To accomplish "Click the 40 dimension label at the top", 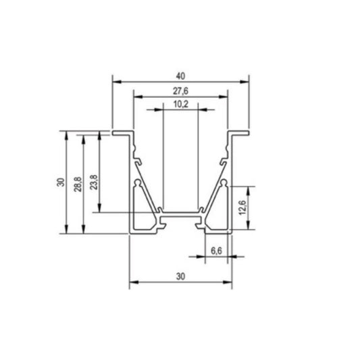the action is [x=180, y=76].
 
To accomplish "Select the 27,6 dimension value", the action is [x=180, y=91].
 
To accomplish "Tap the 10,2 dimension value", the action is [x=181, y=104].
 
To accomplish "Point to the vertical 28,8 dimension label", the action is [x=78, y=184].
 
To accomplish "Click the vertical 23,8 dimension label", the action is [x=94, y=182].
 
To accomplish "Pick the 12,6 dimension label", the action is [x=242, y=207].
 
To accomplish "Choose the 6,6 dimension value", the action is [x=216, y=251].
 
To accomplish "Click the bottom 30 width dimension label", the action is [x=180, y=276].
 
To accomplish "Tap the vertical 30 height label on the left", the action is [x=61, y=182].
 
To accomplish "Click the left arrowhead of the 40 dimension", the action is [x=117, y=82].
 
